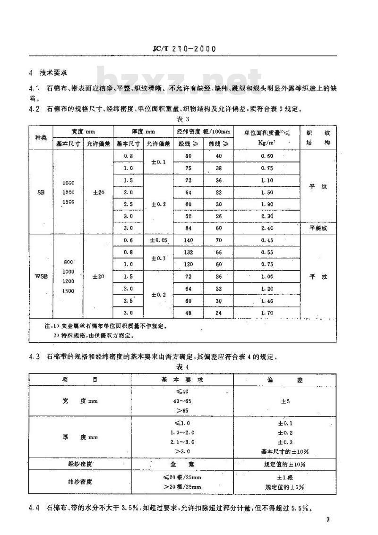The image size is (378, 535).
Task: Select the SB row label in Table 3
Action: click(x=41, y=192)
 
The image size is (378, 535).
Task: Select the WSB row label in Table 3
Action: click(x=41, y=276)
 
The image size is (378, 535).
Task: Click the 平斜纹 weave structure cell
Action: click(x=318, y=228)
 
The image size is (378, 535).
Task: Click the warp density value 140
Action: click(x=189, y=240)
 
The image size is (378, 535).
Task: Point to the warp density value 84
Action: click(x=189, y=228)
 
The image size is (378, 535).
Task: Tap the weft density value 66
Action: click(x=218, y=252)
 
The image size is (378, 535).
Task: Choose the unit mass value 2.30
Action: click(x=267, y=215)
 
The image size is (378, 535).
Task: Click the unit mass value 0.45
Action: click(x=267, y=240)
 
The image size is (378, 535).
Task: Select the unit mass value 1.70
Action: click(x=267, y=313)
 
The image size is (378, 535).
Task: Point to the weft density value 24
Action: click(x=218, y=313)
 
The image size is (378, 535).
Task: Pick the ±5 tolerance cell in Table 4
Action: click(x=285, y=402)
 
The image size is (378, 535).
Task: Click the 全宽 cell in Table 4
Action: click(x=181, y=464)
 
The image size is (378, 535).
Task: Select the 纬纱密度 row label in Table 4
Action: click(x=79, y=482)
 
